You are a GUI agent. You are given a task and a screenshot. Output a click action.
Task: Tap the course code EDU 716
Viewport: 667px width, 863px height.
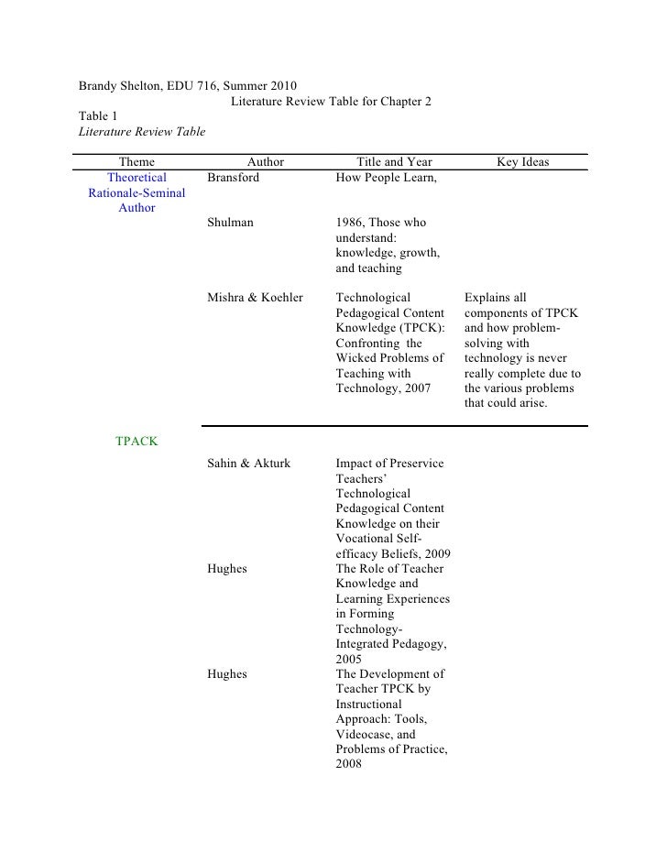click(x=191, y=86)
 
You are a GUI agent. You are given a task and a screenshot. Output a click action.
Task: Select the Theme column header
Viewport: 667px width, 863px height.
click(x=137, y=162)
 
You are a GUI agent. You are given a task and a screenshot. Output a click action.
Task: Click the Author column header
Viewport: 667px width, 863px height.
click(x=266, y=162)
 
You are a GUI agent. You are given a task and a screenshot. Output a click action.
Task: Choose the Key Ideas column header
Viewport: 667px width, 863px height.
click(x=523, y=162)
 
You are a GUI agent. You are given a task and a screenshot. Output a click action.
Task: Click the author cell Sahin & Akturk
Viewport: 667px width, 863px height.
click(x=249, y=464)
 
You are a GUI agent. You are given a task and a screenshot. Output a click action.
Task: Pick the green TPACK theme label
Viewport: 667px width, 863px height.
click(x=137, y=442)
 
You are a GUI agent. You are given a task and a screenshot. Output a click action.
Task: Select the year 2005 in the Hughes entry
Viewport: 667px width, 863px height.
click(x=350, y=659)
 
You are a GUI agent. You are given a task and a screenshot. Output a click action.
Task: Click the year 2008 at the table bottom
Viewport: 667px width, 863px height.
click(x=350, y=765)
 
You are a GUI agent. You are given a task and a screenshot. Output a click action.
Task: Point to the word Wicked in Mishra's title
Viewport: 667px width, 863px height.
click(x=356, y=357)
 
